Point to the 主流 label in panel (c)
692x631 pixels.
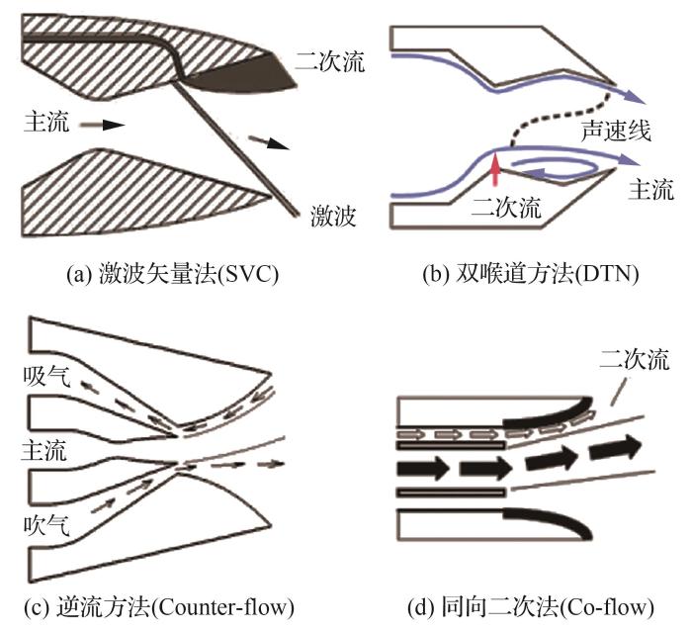43,454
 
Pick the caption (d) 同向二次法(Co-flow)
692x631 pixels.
527,605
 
